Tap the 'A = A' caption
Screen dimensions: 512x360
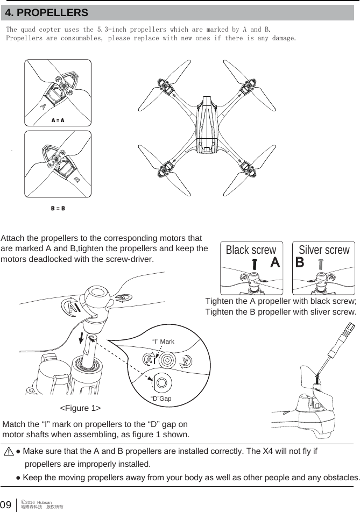(x=58, y=120)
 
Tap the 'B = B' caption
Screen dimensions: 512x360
(x=58, y=208)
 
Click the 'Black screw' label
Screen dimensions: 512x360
(x=251, y=251)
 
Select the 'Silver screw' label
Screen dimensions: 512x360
(x=324, y=250)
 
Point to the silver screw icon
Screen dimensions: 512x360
(x=321, y=265)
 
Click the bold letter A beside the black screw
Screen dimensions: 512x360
(x=274, y=263)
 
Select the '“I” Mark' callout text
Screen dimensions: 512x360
(x=164, y=342)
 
